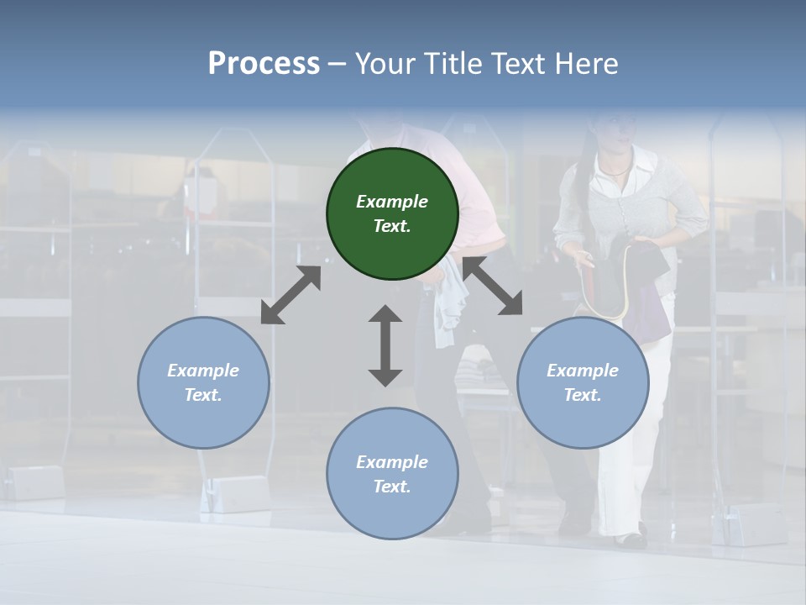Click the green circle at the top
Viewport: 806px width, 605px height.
392,214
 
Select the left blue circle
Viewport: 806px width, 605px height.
203,382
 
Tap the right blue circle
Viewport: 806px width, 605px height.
583,382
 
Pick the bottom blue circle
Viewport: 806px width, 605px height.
392,474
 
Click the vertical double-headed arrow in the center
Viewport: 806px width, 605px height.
385,345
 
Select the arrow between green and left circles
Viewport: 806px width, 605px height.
290,295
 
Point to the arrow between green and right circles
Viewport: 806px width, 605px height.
492,287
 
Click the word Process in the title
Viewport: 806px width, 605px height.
264,64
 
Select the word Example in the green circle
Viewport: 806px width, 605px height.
392,202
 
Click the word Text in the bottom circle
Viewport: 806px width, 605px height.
391,487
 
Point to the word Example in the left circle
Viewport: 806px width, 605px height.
203,371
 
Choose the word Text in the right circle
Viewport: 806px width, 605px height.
582,395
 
